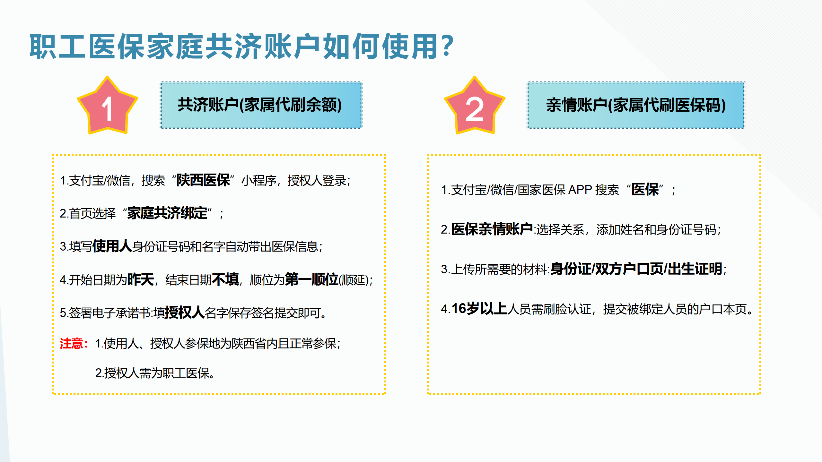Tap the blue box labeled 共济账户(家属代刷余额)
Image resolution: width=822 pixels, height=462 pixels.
click(x=261, y=105)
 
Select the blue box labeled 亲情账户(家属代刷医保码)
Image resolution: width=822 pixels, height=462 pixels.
click(x=636, y=105)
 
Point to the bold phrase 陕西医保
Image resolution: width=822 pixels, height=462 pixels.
click(x=203, y=180)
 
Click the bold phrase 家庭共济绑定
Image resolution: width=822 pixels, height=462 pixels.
click(x=167, y=213)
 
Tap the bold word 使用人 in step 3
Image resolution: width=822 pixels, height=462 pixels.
click(x=112, y=246)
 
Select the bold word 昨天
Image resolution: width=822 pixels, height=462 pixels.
click(x=141, y=279)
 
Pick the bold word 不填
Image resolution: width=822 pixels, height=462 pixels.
click(x=225, y=279)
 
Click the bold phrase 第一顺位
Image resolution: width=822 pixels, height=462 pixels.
click(x=311, y=279)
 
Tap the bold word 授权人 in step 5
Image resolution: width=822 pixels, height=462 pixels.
click(x=185, y=312)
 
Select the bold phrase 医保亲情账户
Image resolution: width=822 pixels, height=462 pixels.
click(x=492, y=229)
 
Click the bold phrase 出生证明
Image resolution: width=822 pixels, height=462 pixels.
click(x=695, y=269)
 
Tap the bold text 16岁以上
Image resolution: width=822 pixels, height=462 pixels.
click(x=479, y=309)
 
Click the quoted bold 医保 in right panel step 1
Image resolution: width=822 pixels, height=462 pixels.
click(x=645, y=189)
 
